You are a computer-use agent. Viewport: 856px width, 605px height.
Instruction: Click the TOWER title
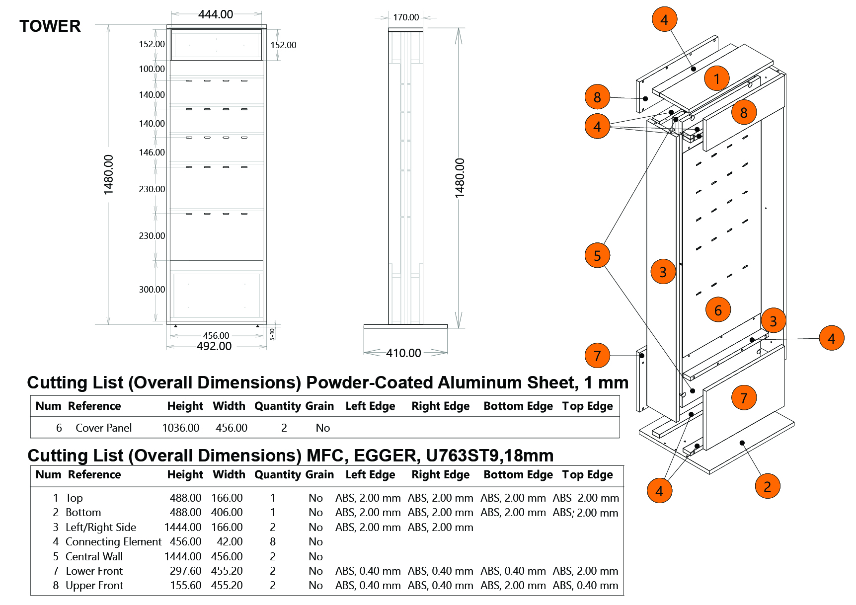point(50,26)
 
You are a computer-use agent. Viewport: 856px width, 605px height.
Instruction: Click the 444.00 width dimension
point(216,14)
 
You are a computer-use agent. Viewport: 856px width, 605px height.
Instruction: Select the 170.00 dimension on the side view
point(406,17)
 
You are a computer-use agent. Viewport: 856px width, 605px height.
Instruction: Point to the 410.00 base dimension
point(403,353)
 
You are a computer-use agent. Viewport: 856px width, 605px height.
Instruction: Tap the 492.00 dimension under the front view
point(214,346)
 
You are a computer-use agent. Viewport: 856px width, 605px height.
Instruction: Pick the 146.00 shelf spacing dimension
point(152,152)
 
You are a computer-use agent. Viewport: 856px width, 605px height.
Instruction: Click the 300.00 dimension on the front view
point(152,290)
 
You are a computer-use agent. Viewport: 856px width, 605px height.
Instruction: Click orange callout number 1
point(716,78)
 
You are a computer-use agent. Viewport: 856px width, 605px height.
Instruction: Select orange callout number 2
point(767,486)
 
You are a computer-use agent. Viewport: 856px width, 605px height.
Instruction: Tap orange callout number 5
point(597,255)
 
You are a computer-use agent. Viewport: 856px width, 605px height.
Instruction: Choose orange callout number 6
point(718,310)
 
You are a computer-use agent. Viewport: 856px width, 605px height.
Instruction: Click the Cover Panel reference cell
point(103,428)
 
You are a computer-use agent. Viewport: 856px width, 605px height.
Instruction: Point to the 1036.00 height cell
point(180,428)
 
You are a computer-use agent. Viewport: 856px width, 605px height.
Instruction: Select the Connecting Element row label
point(113,541)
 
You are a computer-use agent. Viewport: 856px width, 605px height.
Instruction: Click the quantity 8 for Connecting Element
point(272,541)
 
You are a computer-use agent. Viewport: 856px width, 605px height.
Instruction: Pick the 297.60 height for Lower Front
point(185,571)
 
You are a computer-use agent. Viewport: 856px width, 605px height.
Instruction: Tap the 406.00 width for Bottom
point(227,512)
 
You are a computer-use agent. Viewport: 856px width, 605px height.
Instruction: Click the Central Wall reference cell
point(94,556)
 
